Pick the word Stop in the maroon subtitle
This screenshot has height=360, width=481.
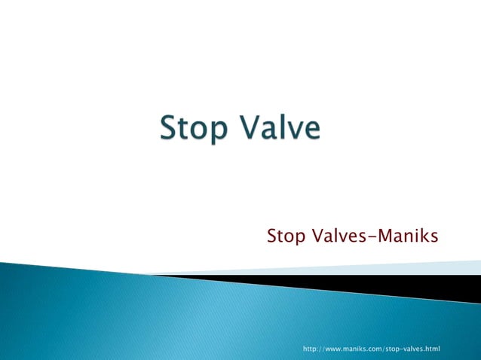coord(286,238)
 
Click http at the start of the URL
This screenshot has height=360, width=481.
coord(310,349)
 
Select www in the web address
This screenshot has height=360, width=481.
coord(334,349)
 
